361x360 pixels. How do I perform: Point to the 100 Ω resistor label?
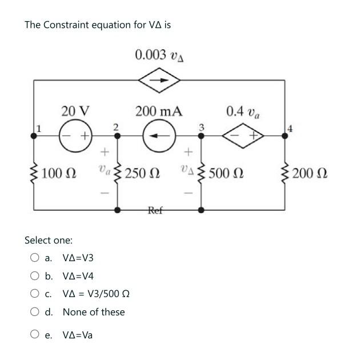pos(59,173)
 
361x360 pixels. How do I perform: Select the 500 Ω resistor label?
pos(227,173)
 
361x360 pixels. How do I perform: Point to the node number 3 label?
pos(201,126)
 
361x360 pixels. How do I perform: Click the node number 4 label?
pos(290,129)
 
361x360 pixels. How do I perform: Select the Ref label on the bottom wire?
pos(156,210)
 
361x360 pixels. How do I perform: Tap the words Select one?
pos(49,240)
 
